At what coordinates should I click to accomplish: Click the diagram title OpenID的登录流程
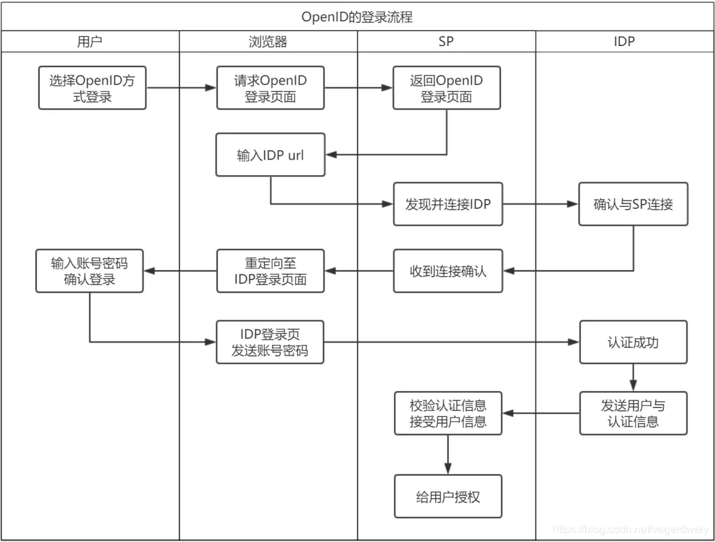click(357, 16)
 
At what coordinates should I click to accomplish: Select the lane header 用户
click(90, 41)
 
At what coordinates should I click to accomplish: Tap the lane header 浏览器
click(268, 41)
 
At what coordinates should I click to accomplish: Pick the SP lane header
click(446, 41)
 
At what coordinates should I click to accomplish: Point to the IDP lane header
click(624, 41)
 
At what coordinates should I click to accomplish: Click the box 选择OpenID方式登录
click(92, 89)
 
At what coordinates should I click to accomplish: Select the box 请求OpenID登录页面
click(270, 89)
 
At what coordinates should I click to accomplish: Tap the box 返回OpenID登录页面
click(447, 89)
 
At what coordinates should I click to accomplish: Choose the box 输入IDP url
click(270, 155)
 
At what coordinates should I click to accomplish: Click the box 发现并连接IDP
click(448, 204)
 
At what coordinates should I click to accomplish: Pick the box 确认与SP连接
click(633, 204)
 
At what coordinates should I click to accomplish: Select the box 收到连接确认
click(448, 271)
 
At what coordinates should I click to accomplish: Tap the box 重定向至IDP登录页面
click(270, 271)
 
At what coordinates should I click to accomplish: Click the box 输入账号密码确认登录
click(90, 271)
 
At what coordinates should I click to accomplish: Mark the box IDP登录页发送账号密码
click(270, 342)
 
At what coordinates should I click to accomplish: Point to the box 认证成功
click(633, 342)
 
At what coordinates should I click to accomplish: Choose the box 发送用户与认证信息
click(633, 413)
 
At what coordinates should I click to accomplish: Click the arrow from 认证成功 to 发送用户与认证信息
click(633, 377)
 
